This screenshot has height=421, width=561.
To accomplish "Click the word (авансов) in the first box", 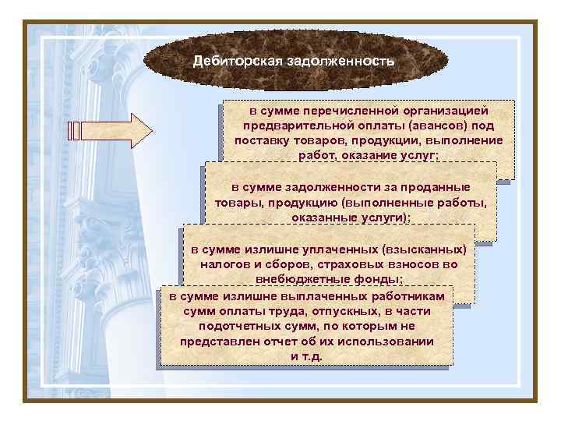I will point(439,126).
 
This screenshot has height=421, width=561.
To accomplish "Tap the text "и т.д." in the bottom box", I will point(306,356).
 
